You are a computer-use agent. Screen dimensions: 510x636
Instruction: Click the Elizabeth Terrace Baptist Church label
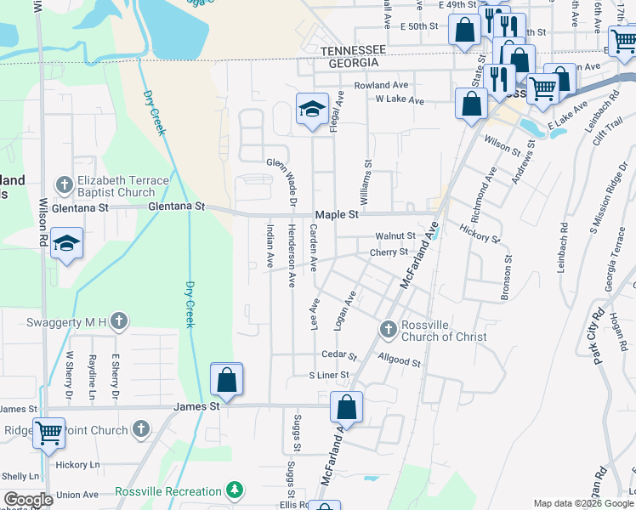pyautogui.click(x=116, y=186)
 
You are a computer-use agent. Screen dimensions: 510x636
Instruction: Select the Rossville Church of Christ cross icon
pyautogui.click(x=388, y=329)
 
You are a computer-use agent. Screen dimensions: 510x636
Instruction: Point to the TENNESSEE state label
pyautogui.click(x=354, y=51)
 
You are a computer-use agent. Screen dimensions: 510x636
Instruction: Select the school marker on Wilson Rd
pyautogui.click(x=66, y=244)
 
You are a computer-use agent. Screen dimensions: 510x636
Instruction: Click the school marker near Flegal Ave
pyautogui.click(x=312, y=110)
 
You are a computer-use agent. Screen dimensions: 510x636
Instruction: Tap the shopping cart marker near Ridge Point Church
pyautogui.click(x=48, y=433)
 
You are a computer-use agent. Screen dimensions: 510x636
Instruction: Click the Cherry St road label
pyautogui.click(x=389, y=252)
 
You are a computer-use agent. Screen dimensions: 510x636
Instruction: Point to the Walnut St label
pyautogui.click(x=396, y=235)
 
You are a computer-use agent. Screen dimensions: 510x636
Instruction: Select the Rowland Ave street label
pyautogui.click(x=382, y=86)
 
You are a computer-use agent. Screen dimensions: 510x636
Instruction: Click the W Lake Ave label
pyautogui.click(x=400, y=100)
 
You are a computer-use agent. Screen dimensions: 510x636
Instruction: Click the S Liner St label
pyautogui.click(x=329, y=375)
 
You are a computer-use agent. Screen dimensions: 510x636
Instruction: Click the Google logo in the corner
pyautogui.click(x=29, y=500)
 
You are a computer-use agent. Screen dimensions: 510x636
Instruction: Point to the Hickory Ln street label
pyautogui.click(x=77, y=465)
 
